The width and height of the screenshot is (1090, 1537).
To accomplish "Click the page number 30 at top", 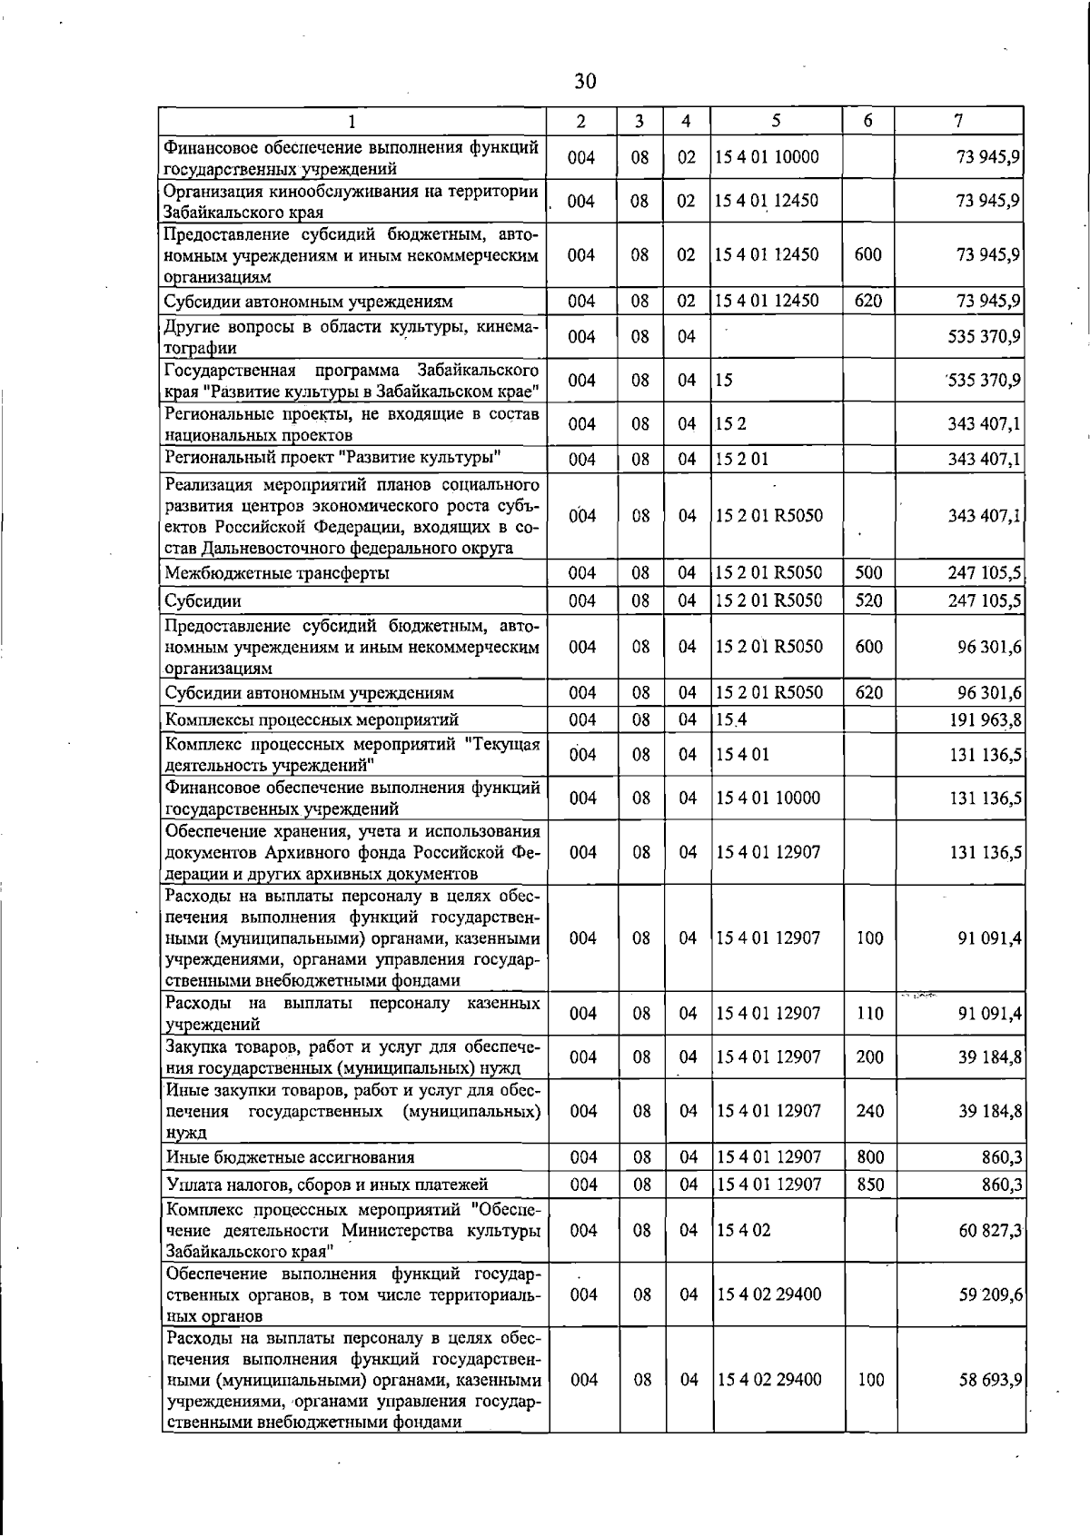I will click(586, 82).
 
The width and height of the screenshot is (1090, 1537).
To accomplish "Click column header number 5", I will click(777, 121).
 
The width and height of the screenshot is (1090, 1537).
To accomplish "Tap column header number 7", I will click(959, 121).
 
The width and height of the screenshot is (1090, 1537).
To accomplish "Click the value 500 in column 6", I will click(868, 573).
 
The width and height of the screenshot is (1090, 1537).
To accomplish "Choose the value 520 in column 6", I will click(868, 601).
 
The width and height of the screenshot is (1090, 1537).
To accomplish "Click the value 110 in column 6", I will click(869, 1014).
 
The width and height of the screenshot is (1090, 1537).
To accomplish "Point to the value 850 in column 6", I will click(869, 1185).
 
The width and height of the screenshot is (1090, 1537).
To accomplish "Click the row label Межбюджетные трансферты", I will click(277, 573).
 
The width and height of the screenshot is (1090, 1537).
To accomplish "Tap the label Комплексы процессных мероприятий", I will click(312, 720).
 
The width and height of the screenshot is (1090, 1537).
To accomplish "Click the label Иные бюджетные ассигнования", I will click(290, 1157).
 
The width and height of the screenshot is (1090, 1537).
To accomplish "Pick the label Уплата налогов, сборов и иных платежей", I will click(327, 1185).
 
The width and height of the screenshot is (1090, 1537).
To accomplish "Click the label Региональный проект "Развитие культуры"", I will click(333, 457).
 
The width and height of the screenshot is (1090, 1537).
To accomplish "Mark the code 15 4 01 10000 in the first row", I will click(767, 158).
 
